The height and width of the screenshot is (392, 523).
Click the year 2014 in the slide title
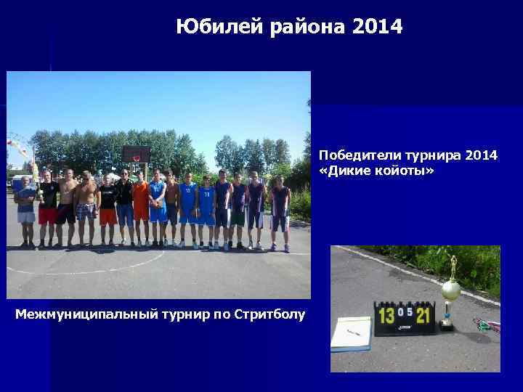(376, 28)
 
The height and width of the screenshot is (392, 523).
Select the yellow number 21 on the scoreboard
(423, 315)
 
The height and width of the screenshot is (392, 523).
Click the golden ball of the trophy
(450, 291)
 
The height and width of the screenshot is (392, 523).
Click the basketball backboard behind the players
(136, 154)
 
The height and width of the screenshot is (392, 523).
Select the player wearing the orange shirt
(140, 203)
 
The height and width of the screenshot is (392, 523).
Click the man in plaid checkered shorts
(87, 207)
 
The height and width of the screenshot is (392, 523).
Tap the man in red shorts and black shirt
(48, 207)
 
